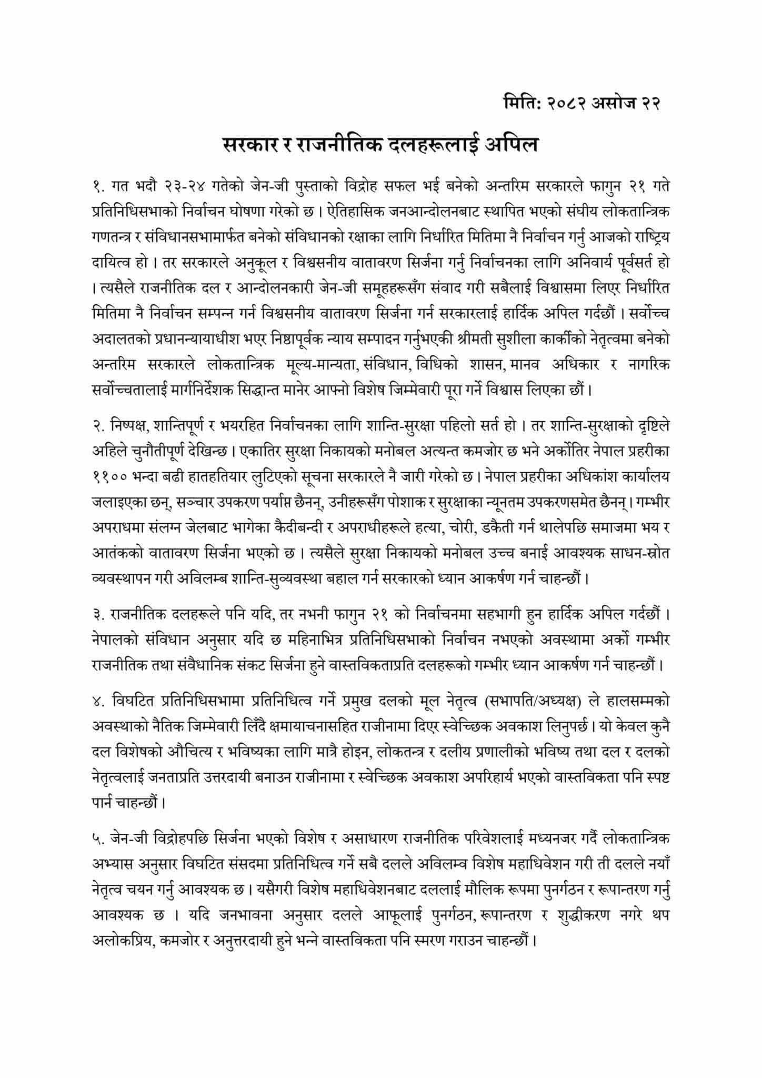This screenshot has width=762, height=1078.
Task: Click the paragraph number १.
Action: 95,186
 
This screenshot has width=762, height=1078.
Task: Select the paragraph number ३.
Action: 95,615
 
